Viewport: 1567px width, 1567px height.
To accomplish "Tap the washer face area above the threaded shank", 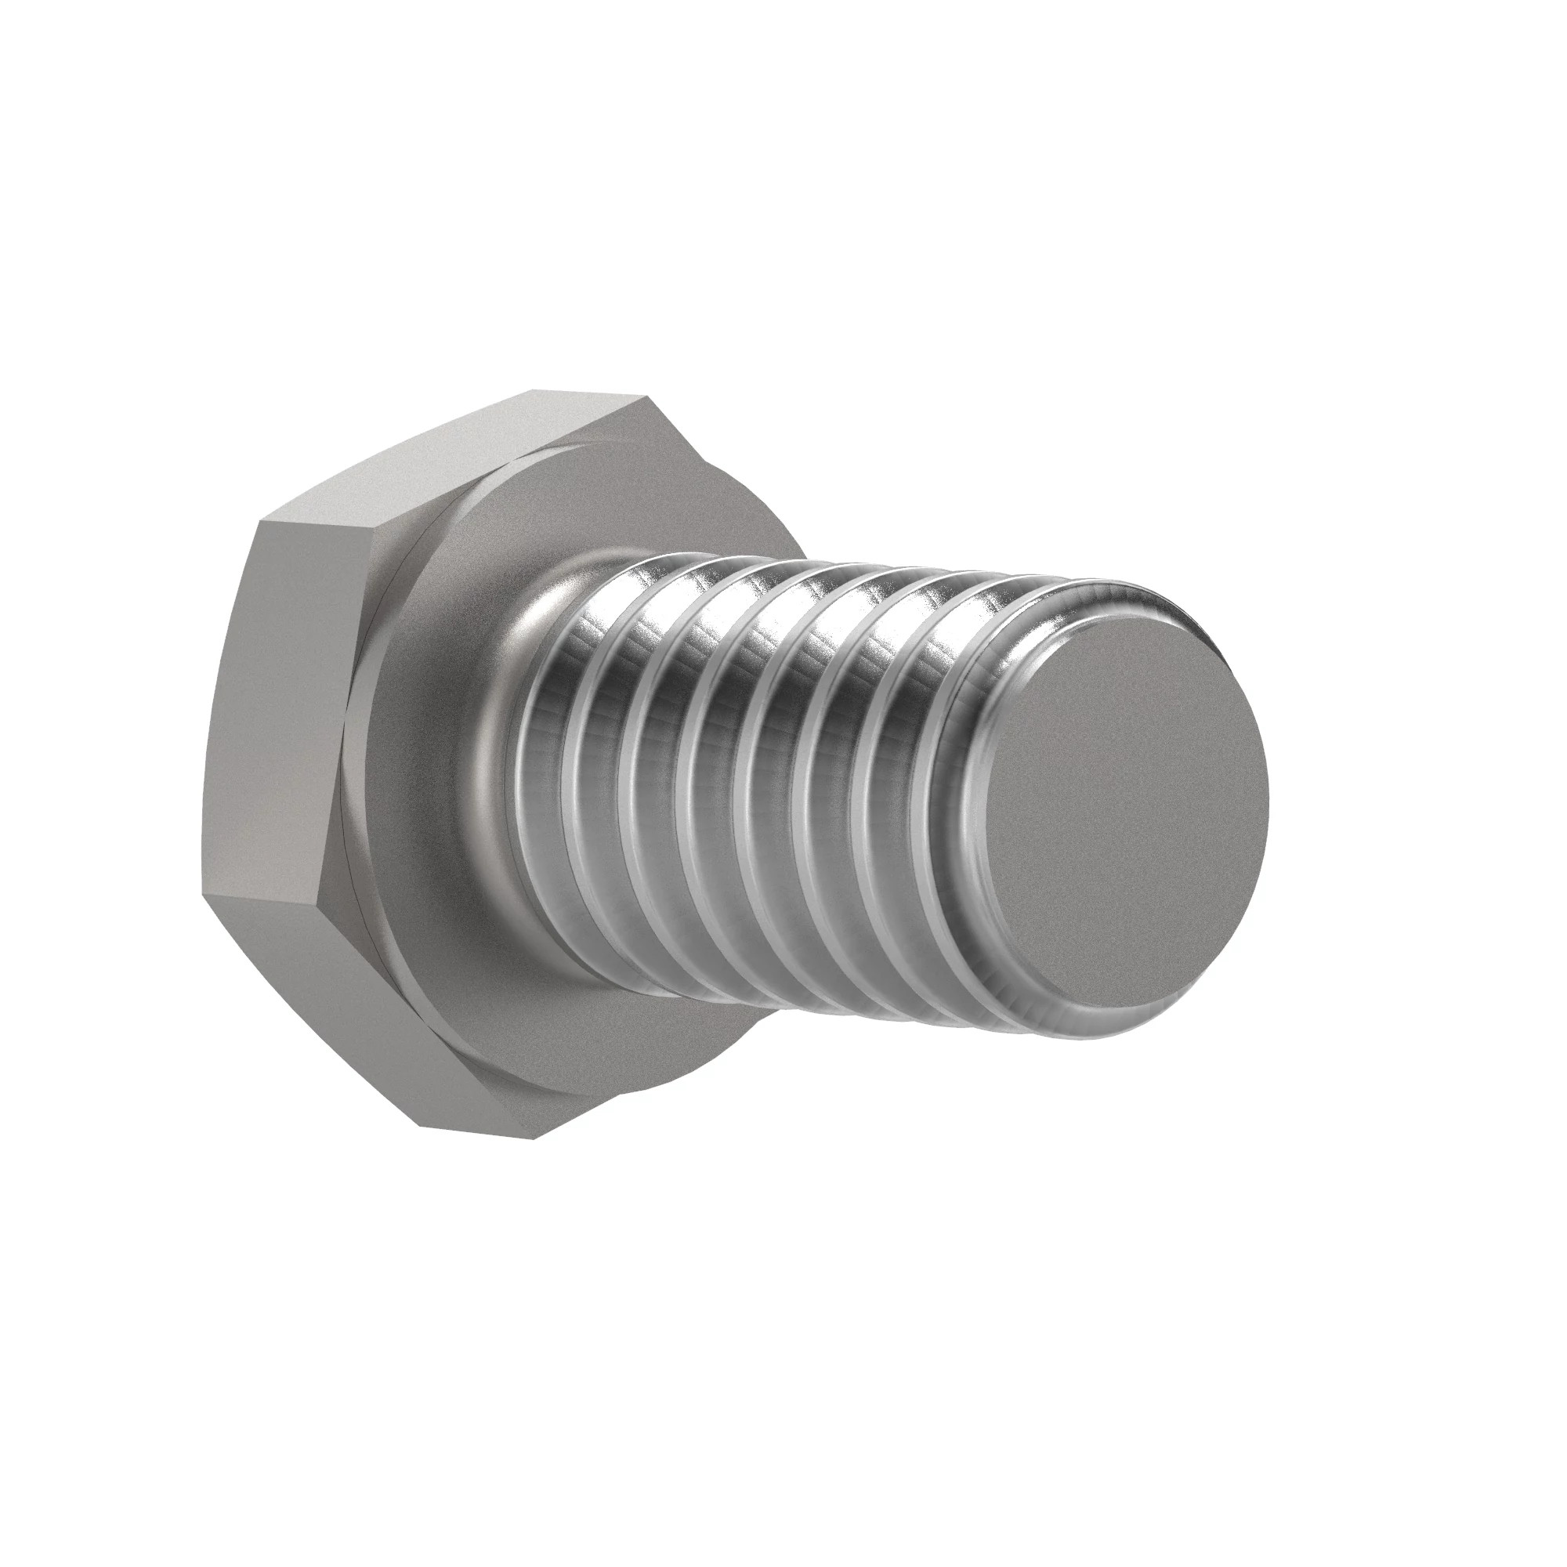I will point(584,503).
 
